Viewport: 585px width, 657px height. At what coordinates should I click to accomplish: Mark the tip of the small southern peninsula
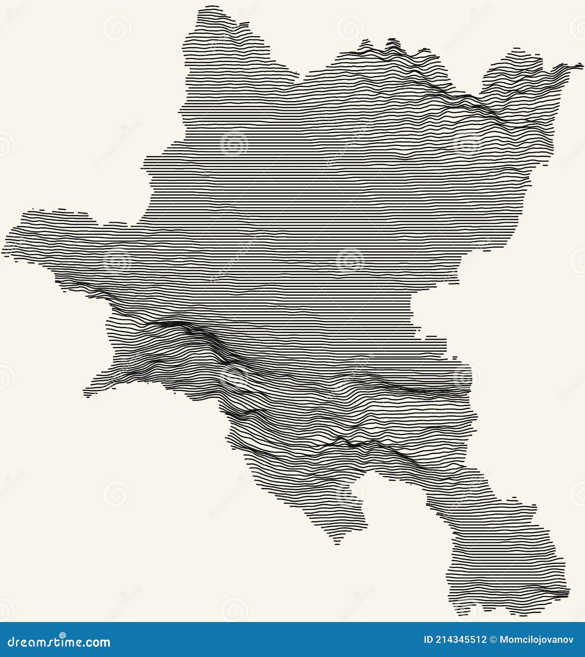tap(338, 543)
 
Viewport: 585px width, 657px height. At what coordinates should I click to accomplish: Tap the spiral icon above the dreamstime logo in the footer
tap(63, 635)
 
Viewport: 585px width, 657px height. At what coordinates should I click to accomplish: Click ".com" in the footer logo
tap(97, 643)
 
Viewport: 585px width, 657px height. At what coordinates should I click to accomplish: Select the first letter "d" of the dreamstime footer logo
tap(11, 642)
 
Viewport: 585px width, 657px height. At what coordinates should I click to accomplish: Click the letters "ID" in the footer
tap(428, 640)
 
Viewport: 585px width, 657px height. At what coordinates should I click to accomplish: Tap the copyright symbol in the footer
tap(493, 640)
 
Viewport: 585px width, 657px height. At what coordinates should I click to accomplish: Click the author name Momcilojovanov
tap(536, 640)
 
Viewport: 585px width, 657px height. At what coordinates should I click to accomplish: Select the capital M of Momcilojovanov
tap(504, 640)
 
